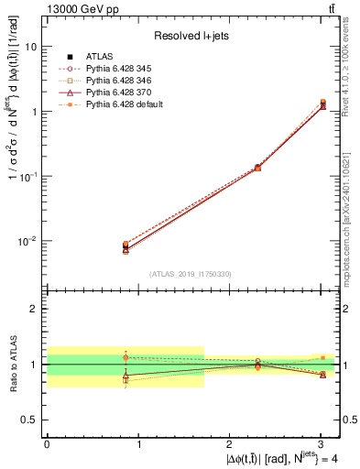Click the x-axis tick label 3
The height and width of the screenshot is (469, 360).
322,443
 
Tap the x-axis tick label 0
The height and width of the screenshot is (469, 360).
47,443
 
